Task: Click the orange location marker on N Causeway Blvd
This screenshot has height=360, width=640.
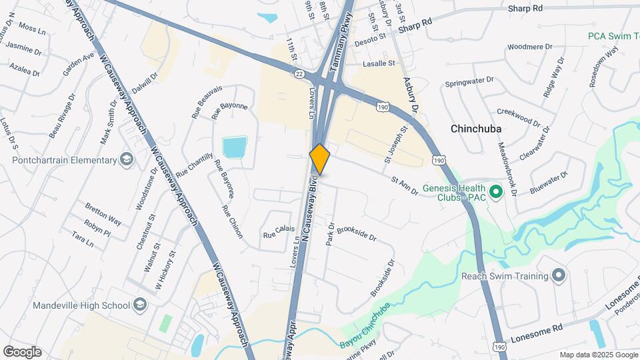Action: (x=320, y=159)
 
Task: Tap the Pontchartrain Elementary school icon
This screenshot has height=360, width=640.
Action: (x=126, y=159)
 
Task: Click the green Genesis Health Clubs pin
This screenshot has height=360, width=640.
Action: (x=495, y=193)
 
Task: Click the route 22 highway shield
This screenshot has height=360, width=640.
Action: (x=299, y=73)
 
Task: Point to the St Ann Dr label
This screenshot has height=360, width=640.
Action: (x=404, y=185)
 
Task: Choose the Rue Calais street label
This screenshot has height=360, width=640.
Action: (x=279, y=232)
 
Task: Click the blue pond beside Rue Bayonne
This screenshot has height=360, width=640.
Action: (x=235, y=147)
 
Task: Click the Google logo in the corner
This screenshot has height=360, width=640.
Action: (x=22, y=351)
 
